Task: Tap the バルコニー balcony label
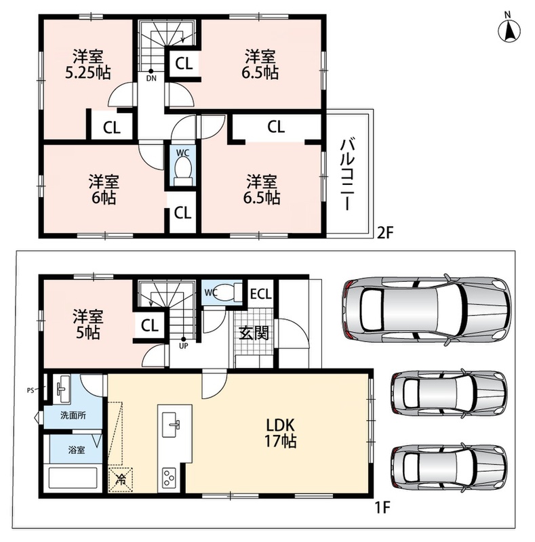[347, 174]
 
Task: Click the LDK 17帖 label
[280, 433]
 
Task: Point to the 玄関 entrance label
[254, 333]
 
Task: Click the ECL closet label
[261, 294]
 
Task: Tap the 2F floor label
[385, 232]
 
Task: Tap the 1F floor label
[382, 507]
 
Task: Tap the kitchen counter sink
[172, 425]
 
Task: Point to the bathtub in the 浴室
[74, 478]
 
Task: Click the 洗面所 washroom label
[73, 415]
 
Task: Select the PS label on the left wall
[31, 391]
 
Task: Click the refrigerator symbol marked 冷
[121, 480]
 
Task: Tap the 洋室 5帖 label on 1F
[88, 325]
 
